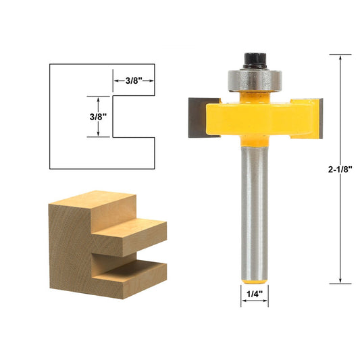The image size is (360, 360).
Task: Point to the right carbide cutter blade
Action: point(316,115)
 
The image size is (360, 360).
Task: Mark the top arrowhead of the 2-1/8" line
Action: point(340,58)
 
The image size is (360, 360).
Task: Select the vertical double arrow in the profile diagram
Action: point(99,116)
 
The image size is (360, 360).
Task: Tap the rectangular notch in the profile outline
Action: point(134,116)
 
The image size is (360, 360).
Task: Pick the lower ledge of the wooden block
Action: point(132,274)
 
